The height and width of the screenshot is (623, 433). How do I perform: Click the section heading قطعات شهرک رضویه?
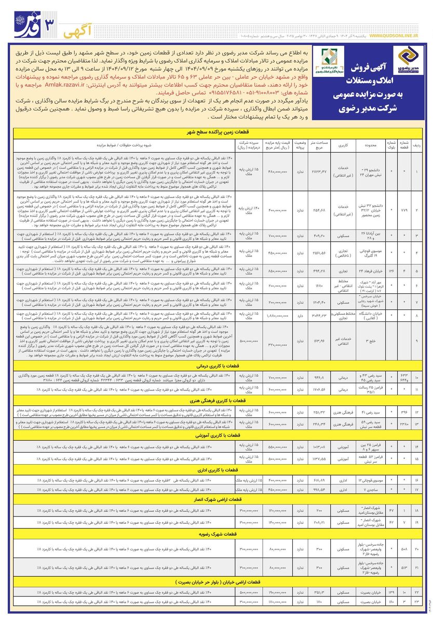216,533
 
